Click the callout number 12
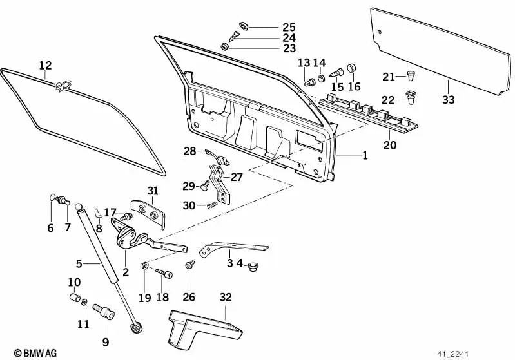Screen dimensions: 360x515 44,65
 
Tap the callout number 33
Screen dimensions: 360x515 448,99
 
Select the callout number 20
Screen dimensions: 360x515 390,145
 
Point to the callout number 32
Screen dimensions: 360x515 225,298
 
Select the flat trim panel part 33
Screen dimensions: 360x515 438,52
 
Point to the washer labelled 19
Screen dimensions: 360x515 146,266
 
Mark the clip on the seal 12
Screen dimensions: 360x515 62,84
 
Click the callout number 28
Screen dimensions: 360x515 189,151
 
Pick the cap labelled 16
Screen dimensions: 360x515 352,68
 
